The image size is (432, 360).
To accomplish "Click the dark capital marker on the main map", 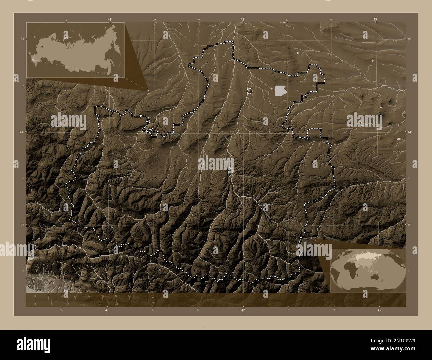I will [250, 90].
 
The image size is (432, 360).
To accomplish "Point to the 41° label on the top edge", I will [110, 20].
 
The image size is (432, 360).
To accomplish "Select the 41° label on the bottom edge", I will [107, 310].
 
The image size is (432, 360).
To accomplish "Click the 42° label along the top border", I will [243, 20].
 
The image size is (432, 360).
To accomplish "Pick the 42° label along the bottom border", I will [243, 310].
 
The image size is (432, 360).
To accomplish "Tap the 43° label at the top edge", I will [375, 20].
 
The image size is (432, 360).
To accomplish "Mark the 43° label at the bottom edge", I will [379, 310].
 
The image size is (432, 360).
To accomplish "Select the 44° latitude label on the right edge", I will [411, 132].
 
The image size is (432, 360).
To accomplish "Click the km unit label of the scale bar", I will [153, 297].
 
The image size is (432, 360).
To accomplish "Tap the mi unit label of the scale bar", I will [153, 303].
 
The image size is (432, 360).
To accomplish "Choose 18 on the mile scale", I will [84, 304].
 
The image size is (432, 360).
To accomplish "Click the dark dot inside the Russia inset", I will [43, 47].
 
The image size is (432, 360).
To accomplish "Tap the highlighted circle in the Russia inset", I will [32, 60].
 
